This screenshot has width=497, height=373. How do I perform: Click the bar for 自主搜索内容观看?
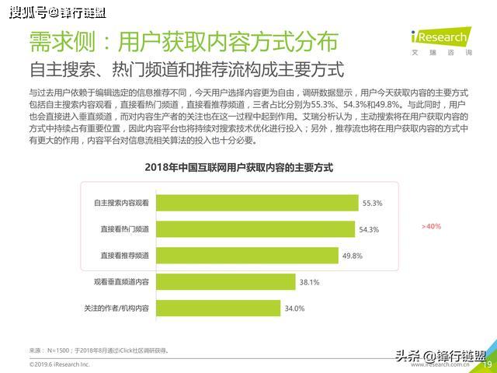coord(256,202)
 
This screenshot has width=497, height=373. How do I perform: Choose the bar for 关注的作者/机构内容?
coord(218,308)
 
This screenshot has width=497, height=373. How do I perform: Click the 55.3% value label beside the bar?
coord(372,203)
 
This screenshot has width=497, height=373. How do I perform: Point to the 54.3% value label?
coord(369,229)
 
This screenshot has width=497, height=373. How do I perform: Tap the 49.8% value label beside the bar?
coord(353,256)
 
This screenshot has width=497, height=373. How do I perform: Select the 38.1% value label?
coord(310,282)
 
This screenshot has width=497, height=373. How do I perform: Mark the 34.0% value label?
coord(294,309)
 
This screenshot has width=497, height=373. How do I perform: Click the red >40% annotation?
coord(431,226)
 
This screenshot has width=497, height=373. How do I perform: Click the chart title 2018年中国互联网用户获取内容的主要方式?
coord(238,167)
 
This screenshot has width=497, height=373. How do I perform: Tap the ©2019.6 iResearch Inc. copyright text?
coord(60,364)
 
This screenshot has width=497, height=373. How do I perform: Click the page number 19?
coord(488,364)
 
